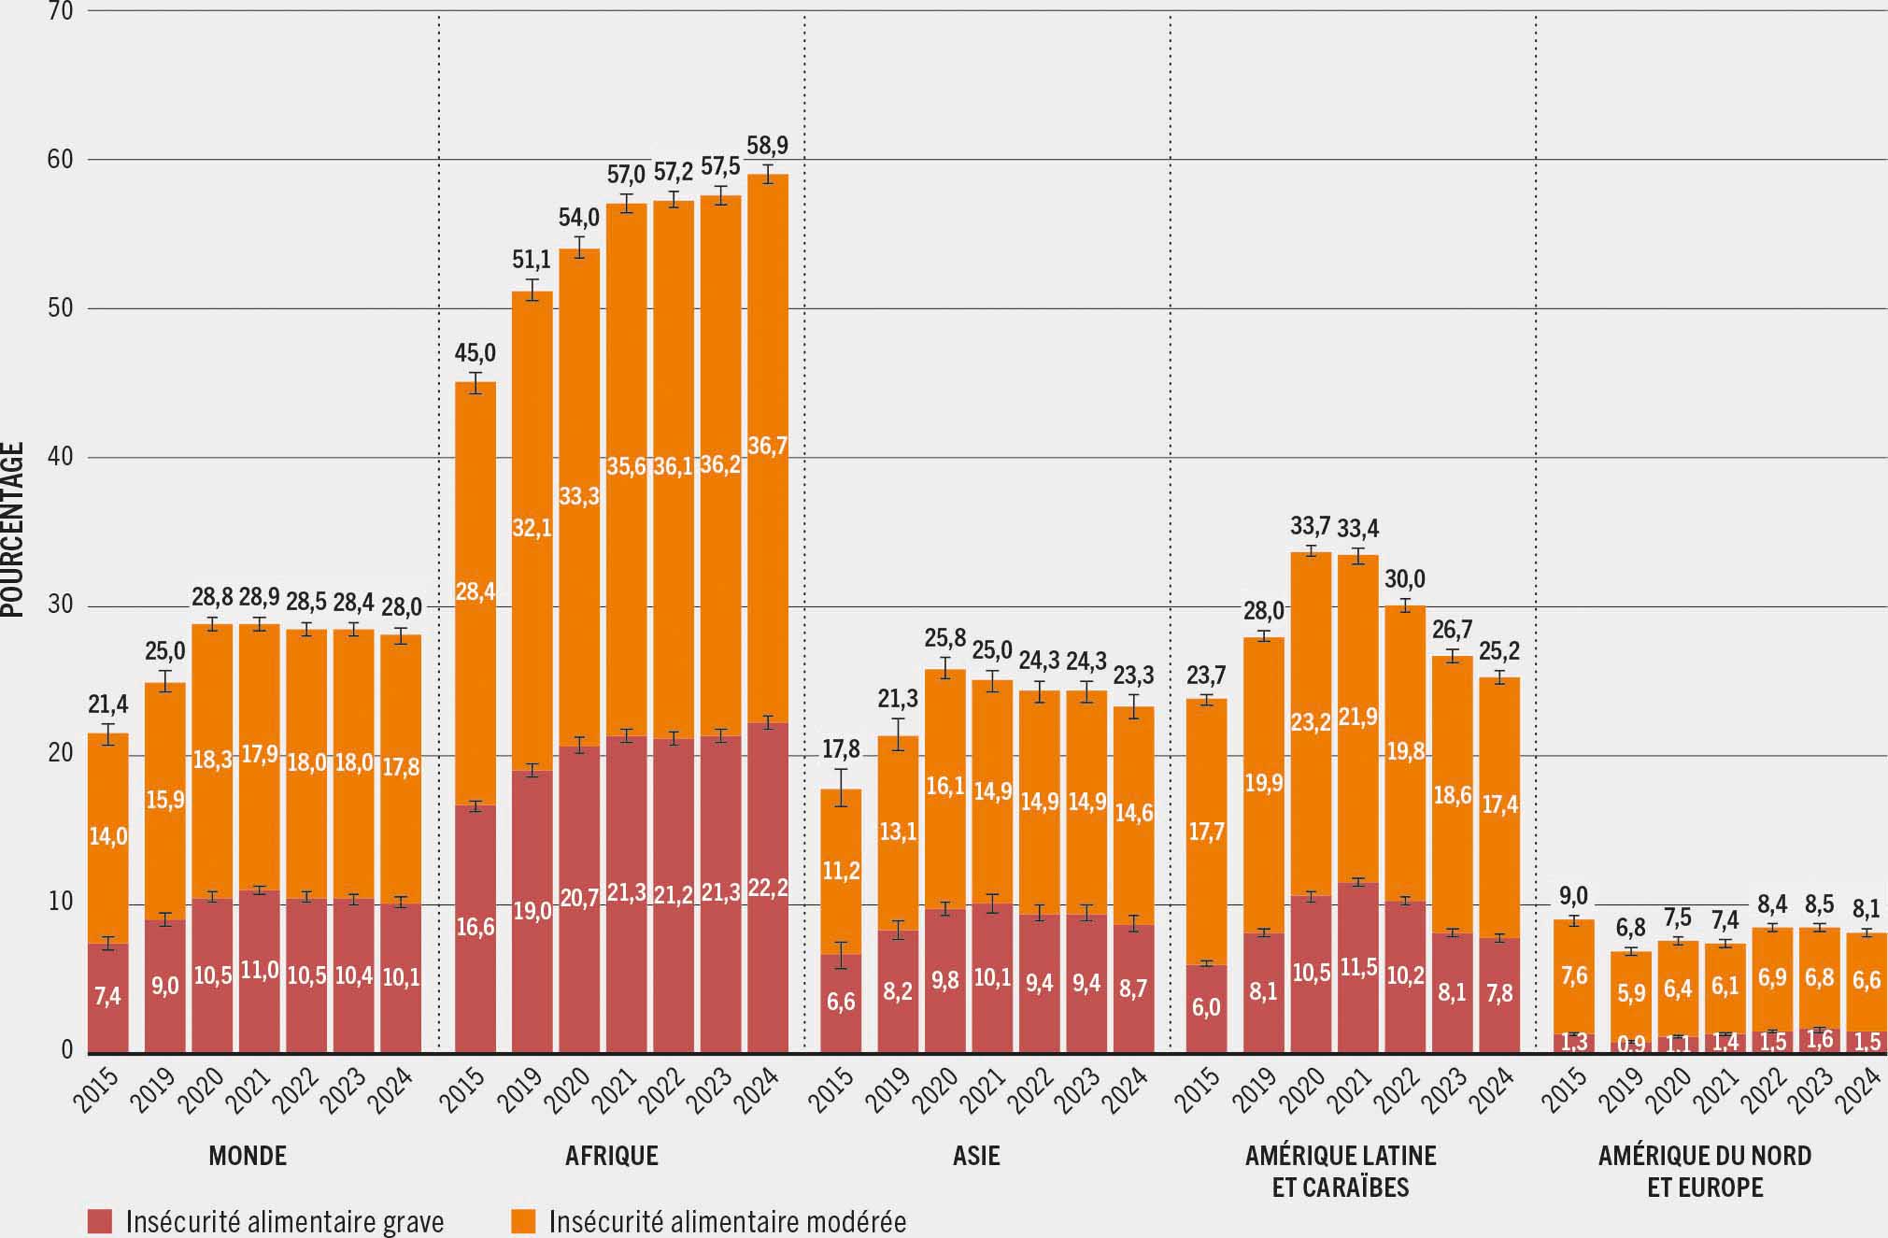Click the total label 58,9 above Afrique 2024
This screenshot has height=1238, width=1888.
pos(767,146)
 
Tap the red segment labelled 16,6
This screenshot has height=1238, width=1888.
pos(475,928)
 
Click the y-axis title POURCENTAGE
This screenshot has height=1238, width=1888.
pos(13,529)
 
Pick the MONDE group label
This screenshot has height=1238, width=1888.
pos(248,1156)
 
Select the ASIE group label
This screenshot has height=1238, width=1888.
pos(976,1156)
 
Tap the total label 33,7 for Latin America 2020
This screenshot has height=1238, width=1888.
pos(1310,526)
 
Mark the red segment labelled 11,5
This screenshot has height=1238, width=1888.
pos(1357,967)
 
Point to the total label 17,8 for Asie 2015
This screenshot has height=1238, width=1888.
pos(841,748)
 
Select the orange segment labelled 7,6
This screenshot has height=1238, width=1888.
pos(1573,975)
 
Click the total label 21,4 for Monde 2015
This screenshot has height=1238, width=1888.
pos(108,704)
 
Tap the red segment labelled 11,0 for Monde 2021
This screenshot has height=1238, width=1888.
pos(259,970)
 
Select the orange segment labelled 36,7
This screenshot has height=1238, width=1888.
pos(767,446)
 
